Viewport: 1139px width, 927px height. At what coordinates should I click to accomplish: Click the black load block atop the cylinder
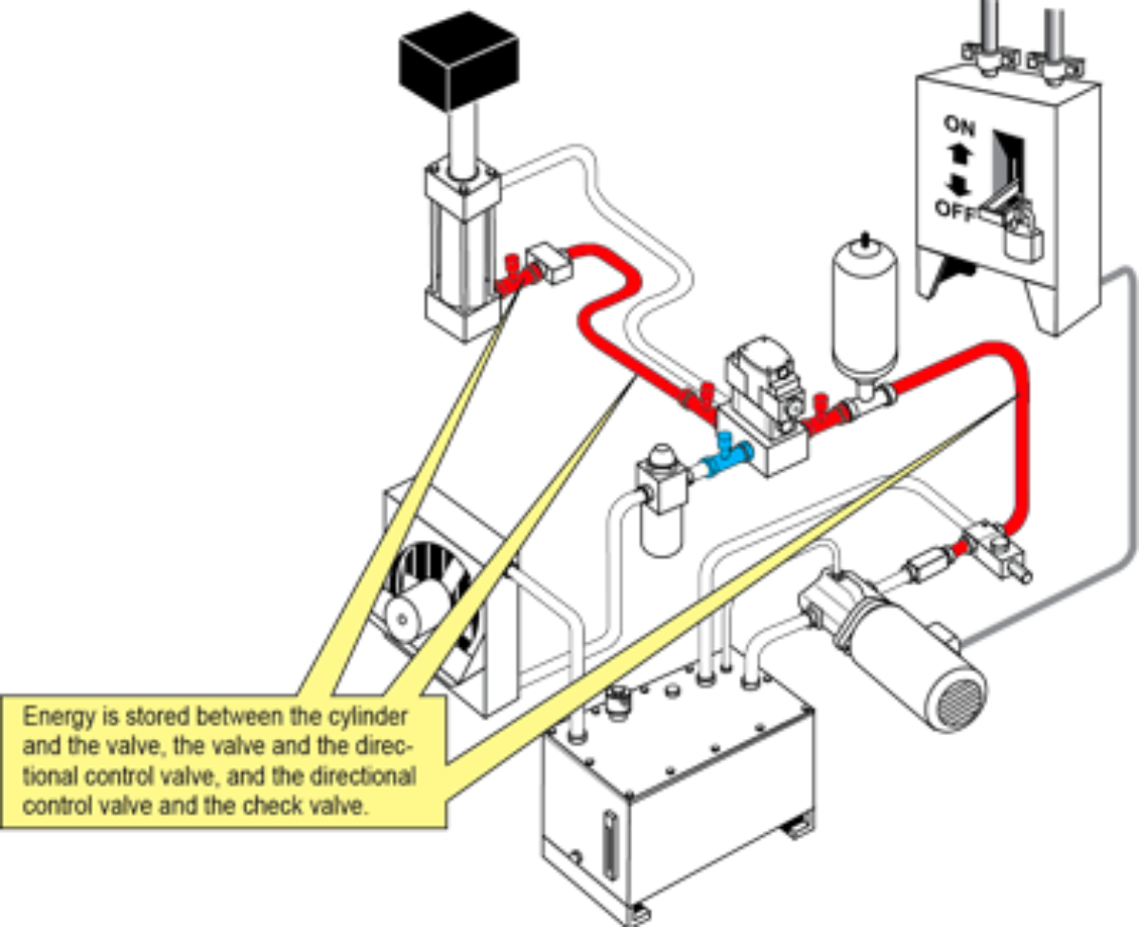[x=459, y=61]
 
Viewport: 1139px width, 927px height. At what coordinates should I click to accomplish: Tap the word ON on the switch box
[x=960, y=126]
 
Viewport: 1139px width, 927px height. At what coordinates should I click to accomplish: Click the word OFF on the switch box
[x=956, y=211]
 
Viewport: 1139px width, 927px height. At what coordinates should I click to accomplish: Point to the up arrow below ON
[x=961, y=156]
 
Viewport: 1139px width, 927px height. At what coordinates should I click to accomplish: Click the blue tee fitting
[x=727, y=458]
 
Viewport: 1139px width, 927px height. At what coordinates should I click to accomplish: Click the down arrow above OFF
[x=959, y=184]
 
